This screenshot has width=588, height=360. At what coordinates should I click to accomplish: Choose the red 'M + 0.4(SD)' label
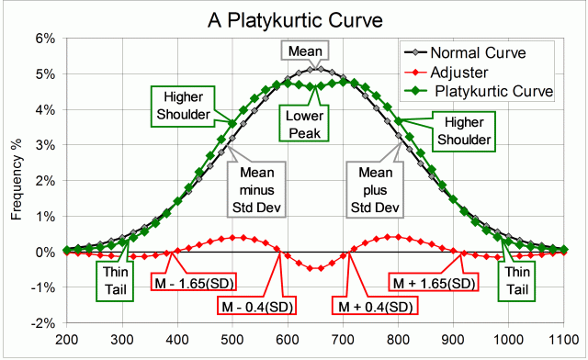click(375, 305)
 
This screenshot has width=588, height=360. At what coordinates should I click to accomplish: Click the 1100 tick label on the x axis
click(563, 339)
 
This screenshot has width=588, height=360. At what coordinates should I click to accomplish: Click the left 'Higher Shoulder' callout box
click(182, 105)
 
